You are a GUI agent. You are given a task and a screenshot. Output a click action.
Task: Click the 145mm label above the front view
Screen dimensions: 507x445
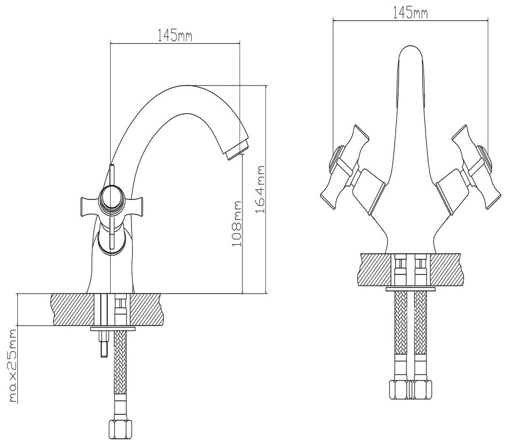[411, 13]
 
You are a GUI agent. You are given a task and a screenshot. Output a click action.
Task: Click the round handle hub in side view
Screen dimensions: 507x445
[111, 198]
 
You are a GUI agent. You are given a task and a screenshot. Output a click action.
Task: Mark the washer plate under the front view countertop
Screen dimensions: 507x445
[411, 289]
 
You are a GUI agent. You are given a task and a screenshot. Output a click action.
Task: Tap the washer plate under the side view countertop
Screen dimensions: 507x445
[113, 329]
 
